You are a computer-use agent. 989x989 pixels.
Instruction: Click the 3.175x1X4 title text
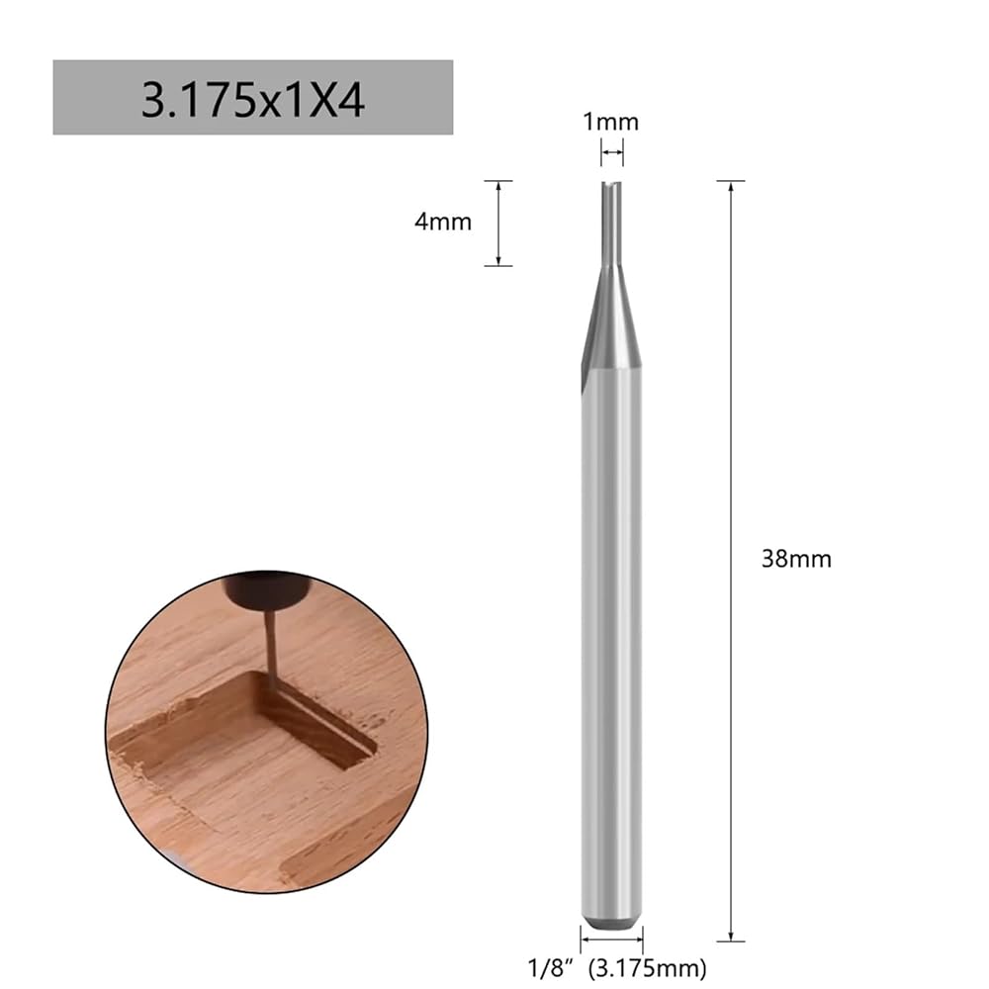(x=252, y=100)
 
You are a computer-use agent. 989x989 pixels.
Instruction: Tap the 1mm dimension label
(x=610, y=122)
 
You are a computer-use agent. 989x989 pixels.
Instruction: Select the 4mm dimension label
(x=443, y=222)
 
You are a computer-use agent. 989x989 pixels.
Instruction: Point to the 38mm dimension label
(x=796, y=559)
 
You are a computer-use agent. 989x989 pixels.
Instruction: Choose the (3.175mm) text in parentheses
(x=647, y=968)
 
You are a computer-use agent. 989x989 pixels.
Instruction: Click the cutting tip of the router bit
(x=611, y=184)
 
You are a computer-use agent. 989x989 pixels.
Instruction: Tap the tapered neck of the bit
(x=611, y=315)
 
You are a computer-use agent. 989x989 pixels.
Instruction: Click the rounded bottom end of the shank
(x=611, y=922)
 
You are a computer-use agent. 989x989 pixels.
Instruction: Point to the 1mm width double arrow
(x=611, y=152)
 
